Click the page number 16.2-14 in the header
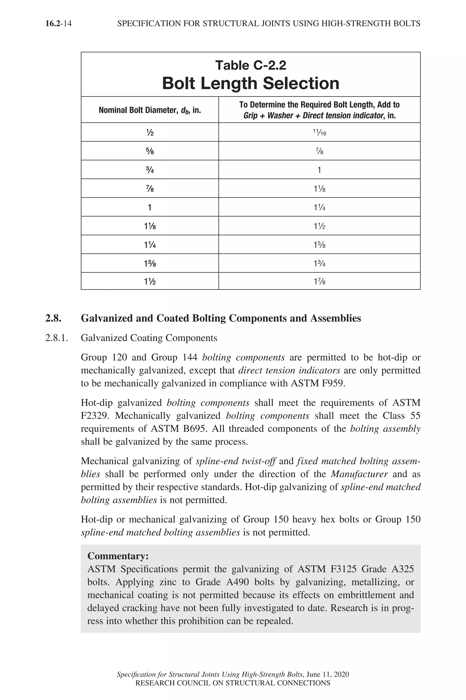coord(58,23)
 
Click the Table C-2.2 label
coord(251,65)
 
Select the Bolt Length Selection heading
coord(251,83)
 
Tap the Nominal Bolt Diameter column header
coord(150,110)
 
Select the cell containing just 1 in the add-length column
coord(319,170)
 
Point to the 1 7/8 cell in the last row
coord(319,281)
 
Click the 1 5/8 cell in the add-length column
coord(319,245)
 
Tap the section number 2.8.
coord(53,318)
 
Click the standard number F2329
coord(95,416)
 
